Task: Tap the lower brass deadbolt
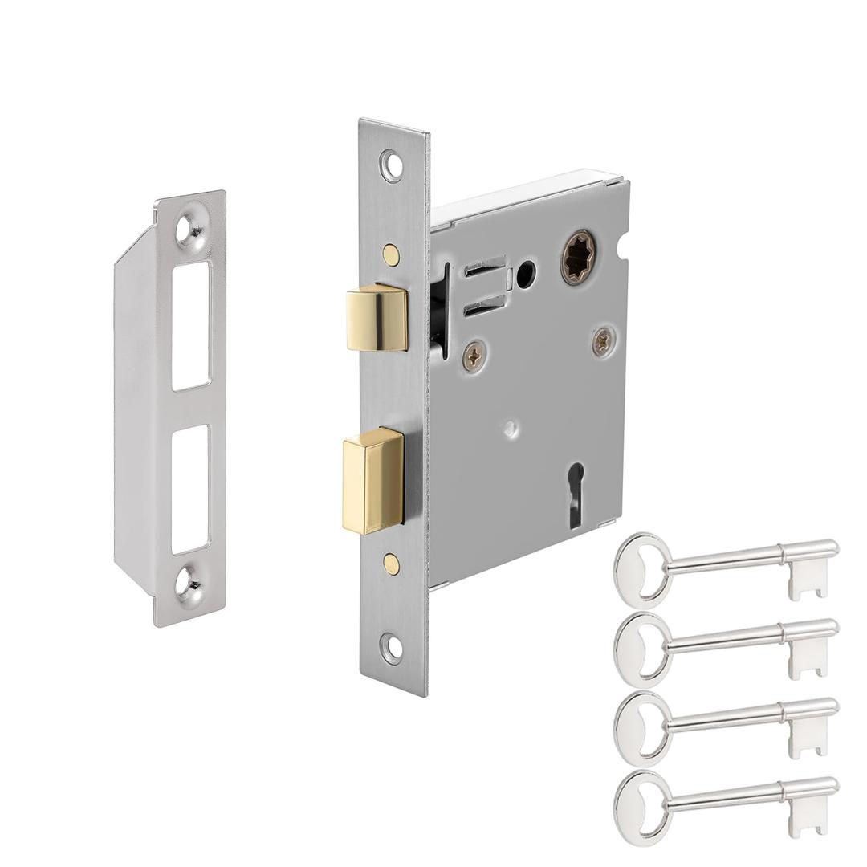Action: pyautogui.click(x=372, y=481)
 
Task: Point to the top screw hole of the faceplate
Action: pyautogui.click(x=392, y=165)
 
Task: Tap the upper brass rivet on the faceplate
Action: pyautogui.click(x=391, y=254)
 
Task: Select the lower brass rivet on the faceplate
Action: pyautogui.click(x=391, y=564)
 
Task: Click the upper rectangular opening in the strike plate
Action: pyautogui.click(x=191, y=325)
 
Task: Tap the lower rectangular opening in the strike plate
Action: pyautogui.click(x=190, y=489)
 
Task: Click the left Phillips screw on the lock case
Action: pyautogui.click(x=474, y=356)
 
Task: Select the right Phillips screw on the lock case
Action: pyautogui.click(x=604, y=341)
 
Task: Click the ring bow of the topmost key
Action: pyautogui.click(x=642, y=569)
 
